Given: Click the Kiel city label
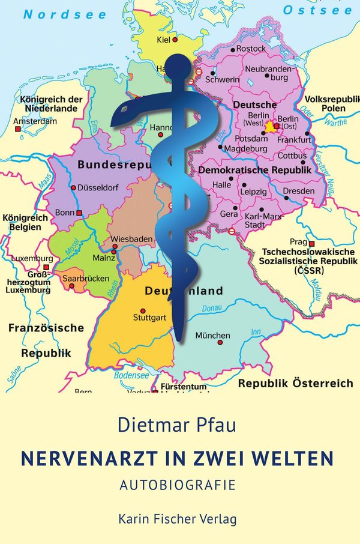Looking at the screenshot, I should [162, 40].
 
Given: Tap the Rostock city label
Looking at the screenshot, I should [251, 48].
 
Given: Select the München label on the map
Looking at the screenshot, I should [212, 335].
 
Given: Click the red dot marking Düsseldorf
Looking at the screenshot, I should [74, 187].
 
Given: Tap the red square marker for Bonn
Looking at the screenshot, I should [79, 213].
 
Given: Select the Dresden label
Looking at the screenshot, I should [298, 191].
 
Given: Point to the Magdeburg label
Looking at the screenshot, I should [245, 148].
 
